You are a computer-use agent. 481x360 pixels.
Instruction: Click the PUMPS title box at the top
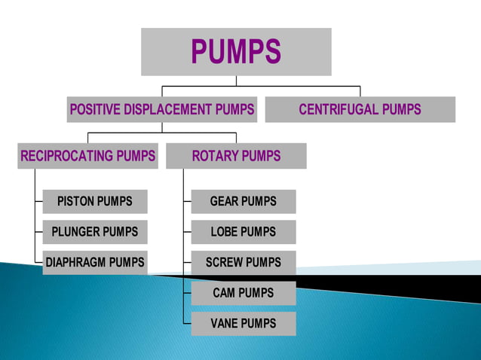(x=236, y=51)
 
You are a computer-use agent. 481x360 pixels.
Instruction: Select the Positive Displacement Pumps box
(x=162, y=109)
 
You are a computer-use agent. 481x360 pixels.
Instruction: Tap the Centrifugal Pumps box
(x=360, y=109)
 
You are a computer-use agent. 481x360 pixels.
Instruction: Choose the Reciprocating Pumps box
(x=88, y=156)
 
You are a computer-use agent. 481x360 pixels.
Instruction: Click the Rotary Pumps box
(x=236, y=156)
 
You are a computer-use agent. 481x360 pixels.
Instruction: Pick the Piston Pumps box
(x=95, y=201)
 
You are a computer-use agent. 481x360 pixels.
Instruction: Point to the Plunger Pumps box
(x=95, y=232)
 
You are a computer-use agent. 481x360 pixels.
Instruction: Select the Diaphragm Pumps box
(x=95, y=263)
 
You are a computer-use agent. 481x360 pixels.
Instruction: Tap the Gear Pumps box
(x=243, y=201)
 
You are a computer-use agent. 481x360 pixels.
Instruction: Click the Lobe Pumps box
(x=243, y=232)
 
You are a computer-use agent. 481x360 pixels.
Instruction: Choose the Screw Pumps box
(x=243, y=263)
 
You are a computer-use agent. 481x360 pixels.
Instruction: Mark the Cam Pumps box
(x=243, y=293)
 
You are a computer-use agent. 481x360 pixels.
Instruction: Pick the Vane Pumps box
(x=243, y=324)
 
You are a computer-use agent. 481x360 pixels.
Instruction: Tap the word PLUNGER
(x=76, y=232)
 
